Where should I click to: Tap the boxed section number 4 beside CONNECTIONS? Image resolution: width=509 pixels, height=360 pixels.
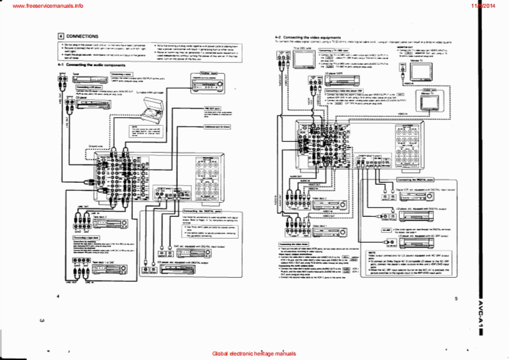coord(60,37)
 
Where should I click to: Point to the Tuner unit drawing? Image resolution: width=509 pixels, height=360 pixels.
coord(83,78)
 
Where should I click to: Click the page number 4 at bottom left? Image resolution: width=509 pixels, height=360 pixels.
coord(58,296)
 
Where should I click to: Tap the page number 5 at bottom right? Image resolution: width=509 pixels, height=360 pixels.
coord(456,299)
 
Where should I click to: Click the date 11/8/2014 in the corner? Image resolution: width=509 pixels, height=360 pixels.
coord(492,5)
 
